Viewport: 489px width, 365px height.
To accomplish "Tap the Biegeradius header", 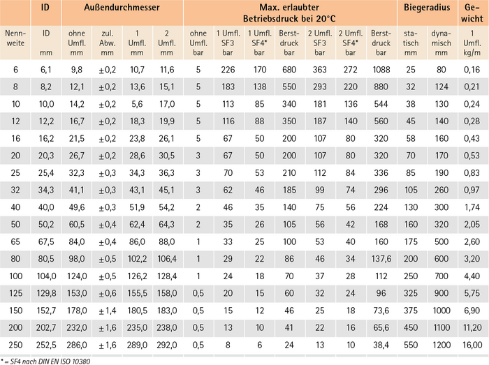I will [x=426, y=9].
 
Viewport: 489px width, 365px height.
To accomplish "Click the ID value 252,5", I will [x=46, y=344].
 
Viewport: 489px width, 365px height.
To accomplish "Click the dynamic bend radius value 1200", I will [x=441, y=344].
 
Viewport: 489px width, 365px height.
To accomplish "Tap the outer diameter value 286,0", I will [x=76, y=344].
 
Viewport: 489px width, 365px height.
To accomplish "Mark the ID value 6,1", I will [x=46, y=69].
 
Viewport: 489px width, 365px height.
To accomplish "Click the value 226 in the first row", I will [x=228, y=69].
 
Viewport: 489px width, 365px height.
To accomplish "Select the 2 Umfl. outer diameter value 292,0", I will [x=166, y=344].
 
